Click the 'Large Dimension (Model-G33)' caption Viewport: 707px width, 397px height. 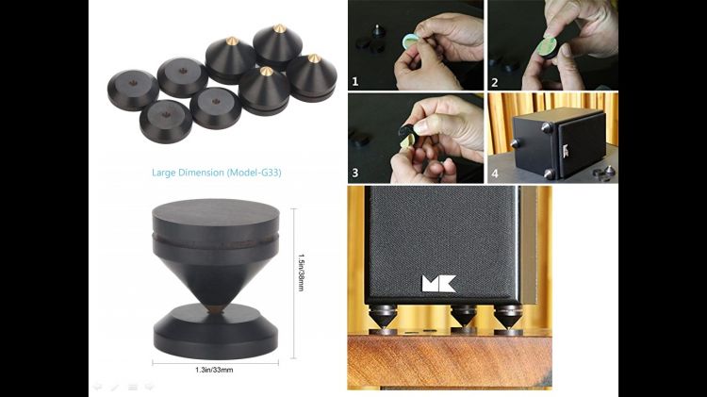[x=217, y=173]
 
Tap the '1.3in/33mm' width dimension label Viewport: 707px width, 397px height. [x=214, y=370]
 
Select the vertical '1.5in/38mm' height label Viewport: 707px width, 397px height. [x=302, y=273]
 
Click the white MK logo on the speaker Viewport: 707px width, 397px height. [x=438, y=284]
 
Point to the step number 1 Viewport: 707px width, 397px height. [x=355, y=82]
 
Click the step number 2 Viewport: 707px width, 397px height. [x=495, y=83]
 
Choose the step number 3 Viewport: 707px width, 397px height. [x=355, y=173]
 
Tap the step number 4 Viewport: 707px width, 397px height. [x=495, y=174]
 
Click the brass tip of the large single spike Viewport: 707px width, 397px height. [x=217, y=309]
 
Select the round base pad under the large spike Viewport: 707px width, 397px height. [x=216, y=332]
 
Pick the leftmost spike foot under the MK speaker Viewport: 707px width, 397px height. [x=383, y=319]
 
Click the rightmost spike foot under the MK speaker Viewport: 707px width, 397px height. [x=508, y=320]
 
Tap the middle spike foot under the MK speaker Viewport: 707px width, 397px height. [x=464, y=319]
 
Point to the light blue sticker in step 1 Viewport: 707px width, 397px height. [x=409, y=41]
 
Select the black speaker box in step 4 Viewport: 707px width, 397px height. [x=559, y=142]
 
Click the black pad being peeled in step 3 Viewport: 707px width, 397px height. [x=408, y=133]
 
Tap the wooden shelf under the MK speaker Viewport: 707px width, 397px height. [x=450, y=360]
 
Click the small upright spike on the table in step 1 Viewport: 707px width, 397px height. [x=377, y=31]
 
